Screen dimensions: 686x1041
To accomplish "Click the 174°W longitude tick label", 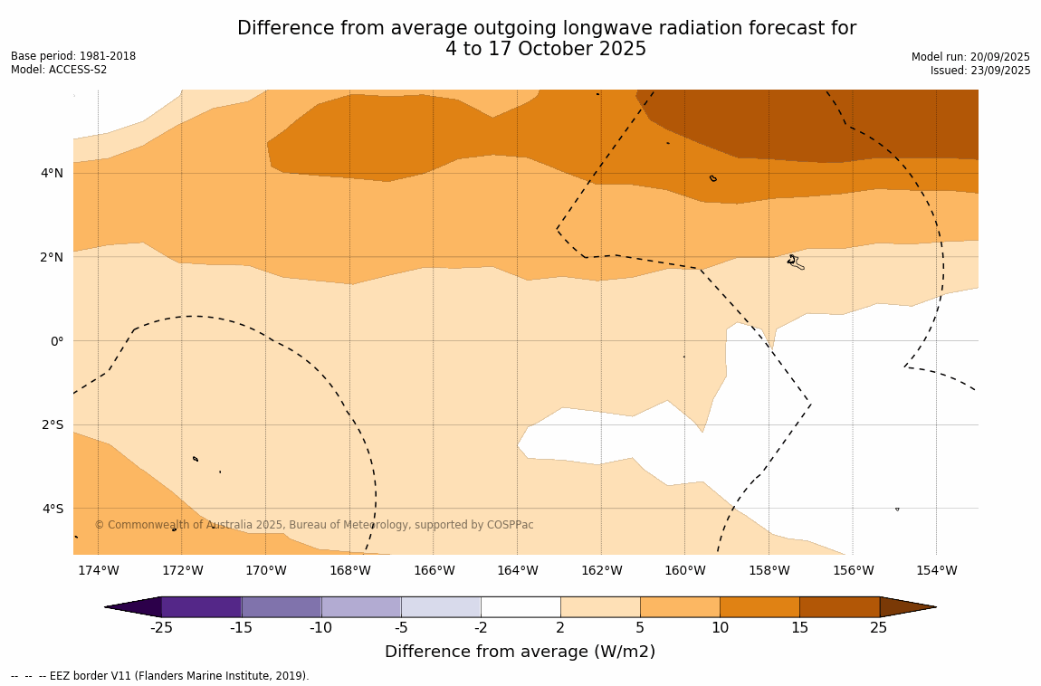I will [x=98, y=570].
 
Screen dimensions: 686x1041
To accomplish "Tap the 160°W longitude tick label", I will [x=684, y=570].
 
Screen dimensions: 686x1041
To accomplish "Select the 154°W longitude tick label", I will [x=936, y=570].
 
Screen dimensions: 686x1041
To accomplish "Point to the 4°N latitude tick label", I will [x=53, y=173].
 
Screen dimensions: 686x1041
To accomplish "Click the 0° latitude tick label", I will [x=56, y=341].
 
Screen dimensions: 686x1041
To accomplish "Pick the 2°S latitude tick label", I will [x=53, y=424].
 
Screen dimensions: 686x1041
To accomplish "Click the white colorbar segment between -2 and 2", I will [x=520, y=606].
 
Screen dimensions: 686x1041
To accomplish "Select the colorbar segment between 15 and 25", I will [x=839, y=606].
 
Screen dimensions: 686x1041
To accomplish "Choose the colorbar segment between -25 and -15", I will [x=201, y=606].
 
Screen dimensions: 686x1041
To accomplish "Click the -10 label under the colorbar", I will [x=320, y=628].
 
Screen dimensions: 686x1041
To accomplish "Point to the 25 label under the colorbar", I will [x=878, y=628].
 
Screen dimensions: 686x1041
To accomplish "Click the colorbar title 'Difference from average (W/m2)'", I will [x=520, y=652].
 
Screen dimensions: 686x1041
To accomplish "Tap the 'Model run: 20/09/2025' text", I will [x=970, y=56].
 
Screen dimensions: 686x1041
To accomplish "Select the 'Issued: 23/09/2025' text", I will [x=980, y=71].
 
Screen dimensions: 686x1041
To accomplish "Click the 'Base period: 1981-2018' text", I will [x=73, y=56].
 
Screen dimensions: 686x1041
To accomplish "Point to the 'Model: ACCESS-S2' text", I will [x=59, y=70].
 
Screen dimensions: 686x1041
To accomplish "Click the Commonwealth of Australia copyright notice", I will [x=314, y=525].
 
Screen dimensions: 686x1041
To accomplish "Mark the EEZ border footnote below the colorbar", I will [x=160, y=676].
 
